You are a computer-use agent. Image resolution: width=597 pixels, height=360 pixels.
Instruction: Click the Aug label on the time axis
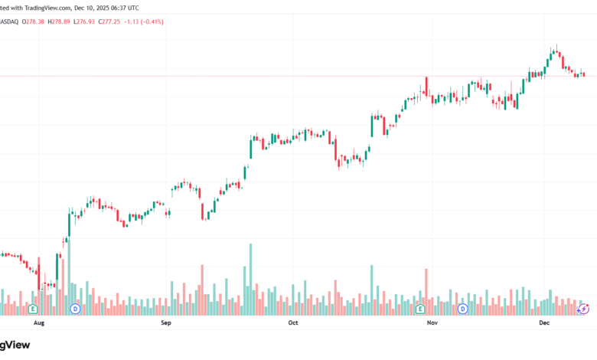pyautogui.click(x=40, y=324)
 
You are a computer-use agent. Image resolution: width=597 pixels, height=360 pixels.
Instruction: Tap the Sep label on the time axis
pyautogui.click(x=166, y=324)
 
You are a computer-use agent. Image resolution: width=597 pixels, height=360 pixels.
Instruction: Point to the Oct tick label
pyautogui.click(x=292, y=324)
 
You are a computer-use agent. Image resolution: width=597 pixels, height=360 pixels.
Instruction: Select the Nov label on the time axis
pyautogui.click(x=432, y=324)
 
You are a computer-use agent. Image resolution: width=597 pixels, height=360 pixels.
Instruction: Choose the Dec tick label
pyautogui.click(x=544, y=324)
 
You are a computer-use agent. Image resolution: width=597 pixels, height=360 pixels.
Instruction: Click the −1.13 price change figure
pyautogui.click(x=142, y=21)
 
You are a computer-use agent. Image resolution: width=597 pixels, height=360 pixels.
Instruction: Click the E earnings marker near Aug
pyautogui.click(x=33, y=309)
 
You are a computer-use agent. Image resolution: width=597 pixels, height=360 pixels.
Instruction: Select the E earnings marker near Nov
pyautogui.click(x=420, y=309)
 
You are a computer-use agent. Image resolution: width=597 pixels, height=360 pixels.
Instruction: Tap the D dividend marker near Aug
pyautogui.click(x=75, y=309)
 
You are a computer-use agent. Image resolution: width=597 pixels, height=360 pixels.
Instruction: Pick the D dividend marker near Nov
pyautogui.click(x=463, y=309)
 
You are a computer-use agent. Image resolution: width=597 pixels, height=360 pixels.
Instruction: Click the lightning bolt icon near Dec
pyautogui.click(x=583, y=309)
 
